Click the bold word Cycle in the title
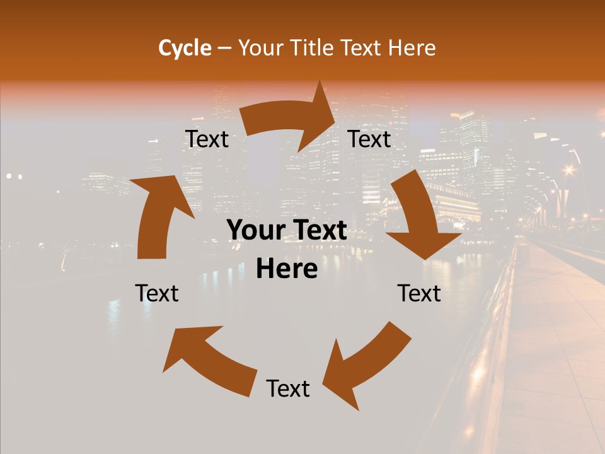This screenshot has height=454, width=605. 185,47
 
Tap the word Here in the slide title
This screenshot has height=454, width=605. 412,47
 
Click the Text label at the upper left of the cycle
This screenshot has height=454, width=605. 207,139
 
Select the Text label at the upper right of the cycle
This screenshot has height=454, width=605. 369,139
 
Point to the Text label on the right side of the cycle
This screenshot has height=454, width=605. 419,293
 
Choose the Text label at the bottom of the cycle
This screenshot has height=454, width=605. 288,388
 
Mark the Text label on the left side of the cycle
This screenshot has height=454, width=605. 157,293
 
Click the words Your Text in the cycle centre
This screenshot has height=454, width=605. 287,231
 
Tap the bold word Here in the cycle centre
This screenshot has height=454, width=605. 287,269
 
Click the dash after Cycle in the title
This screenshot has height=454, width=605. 224,48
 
